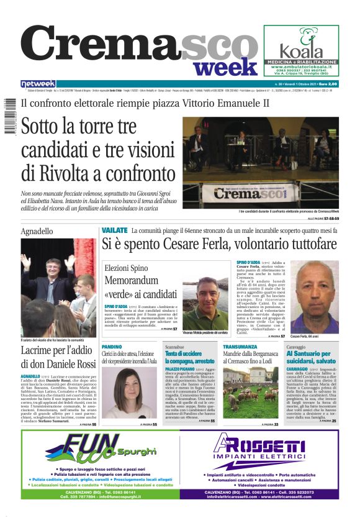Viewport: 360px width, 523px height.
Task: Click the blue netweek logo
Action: pyautogui.click(x=38, y=84)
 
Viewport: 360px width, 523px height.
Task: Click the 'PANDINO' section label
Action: pyautogui.click(x=112, y=346)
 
